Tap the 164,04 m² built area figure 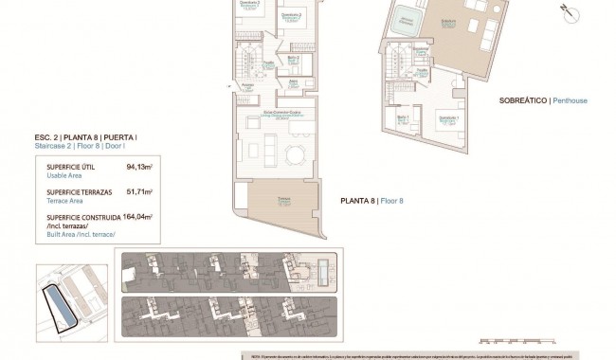pos(137,216)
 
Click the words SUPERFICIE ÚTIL pos(69,166)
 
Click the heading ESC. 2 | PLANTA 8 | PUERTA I pos(85,137)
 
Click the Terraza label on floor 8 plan pos(283,201)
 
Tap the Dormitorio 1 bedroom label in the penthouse pos(447,117)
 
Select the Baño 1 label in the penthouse pos(403,117)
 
